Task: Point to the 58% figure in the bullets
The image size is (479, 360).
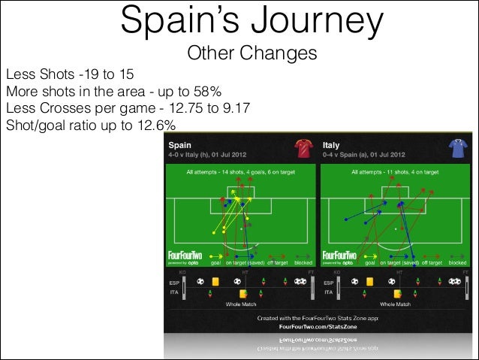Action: tap(204, 92)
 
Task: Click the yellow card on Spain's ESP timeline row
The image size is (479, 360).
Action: tap(216, 281)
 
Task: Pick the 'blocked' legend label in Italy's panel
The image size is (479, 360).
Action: tap(456, 264)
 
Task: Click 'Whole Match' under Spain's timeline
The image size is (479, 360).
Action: tap(241, 305)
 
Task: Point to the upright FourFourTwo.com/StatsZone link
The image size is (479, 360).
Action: tap(318, 328)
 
